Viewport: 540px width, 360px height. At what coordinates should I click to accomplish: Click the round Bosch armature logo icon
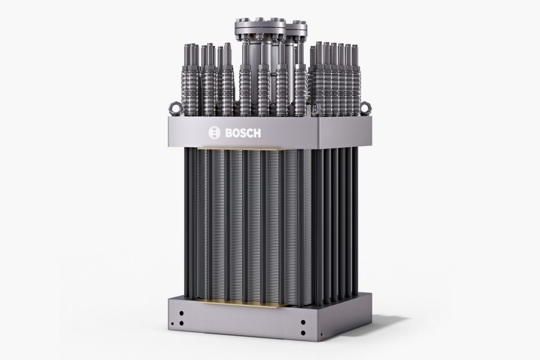click(x=214, y=132)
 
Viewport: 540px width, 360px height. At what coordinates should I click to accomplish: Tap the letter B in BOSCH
click(x=229, y=133)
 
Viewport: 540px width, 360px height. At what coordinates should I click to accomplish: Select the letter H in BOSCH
click(x=257, y=133)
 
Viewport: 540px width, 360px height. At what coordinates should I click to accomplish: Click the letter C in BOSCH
click(x=249, y=133)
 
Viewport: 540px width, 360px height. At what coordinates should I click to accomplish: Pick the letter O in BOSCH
click(x=236, y=133)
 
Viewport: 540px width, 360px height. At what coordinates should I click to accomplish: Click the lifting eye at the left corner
click(x=175, y=109)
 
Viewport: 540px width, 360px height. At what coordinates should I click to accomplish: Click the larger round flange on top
click(x=260, y=27)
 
